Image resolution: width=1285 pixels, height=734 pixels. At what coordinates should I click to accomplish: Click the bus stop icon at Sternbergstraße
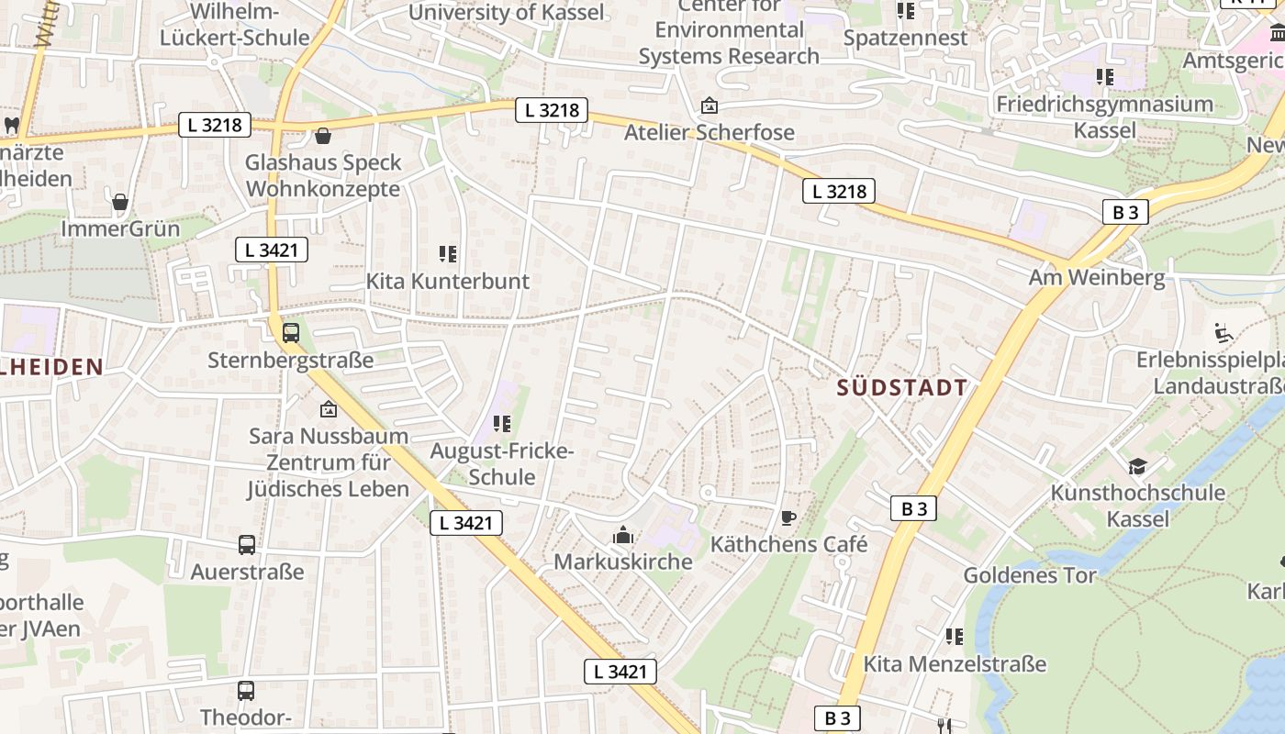click(x=291, y=333)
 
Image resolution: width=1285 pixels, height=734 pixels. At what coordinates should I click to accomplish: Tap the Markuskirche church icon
click(x=623, y=535)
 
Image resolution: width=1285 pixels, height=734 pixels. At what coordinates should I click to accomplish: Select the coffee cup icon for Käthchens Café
click(x=788, y=517)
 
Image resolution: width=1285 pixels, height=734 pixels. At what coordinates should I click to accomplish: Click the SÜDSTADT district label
click(x=902, y=387)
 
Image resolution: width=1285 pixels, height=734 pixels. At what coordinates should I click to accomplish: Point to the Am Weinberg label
click(x=1096, y=277)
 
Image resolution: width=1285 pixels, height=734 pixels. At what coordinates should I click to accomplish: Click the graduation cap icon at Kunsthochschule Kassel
click(x=1137, y=466)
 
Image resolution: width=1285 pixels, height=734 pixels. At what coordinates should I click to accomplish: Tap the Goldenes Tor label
click(x=1029, y=575)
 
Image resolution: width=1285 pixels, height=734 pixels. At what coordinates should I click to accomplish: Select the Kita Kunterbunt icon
click(x=448, y=254)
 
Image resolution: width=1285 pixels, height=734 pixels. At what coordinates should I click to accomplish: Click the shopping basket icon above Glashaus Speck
click(x=323, y=137)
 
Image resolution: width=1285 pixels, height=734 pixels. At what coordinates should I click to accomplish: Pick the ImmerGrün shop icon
click(x=120, y=202)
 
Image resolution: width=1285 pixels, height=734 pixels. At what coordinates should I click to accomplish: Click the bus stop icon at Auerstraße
click(x=247, y=545)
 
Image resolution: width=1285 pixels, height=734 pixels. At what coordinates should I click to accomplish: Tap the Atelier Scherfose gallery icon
click(x=709, y=106)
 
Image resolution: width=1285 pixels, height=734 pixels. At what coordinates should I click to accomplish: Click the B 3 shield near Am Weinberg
click(x=1125, y=213)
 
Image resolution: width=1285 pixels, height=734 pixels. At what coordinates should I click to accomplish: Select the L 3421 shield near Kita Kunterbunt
click(x=271, y=250)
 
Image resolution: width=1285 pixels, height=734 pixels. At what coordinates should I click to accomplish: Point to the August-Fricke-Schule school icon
click(x=501, y=424)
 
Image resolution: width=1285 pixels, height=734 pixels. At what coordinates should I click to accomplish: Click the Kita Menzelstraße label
click(x=955, y=663)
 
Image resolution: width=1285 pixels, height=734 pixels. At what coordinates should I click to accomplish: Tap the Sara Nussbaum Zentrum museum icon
click(x=328, y=409)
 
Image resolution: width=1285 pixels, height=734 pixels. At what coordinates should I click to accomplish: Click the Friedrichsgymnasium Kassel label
click(x=1105, y=117)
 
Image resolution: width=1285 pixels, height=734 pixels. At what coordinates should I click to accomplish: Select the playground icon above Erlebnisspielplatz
click(x=1224, y=333)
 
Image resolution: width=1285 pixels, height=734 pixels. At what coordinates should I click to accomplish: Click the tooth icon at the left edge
click(x=12, y=124)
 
